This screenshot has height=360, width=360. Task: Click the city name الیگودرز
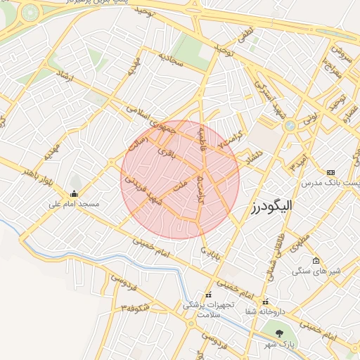click(271, 205)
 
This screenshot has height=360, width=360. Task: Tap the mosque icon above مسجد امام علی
click(75, 194)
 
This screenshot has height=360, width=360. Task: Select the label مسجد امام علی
click(74, 205)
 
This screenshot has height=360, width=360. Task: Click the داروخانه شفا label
click(265, 311)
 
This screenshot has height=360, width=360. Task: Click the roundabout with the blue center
click(290, 126)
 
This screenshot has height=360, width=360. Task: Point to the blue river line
click(105, 257)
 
